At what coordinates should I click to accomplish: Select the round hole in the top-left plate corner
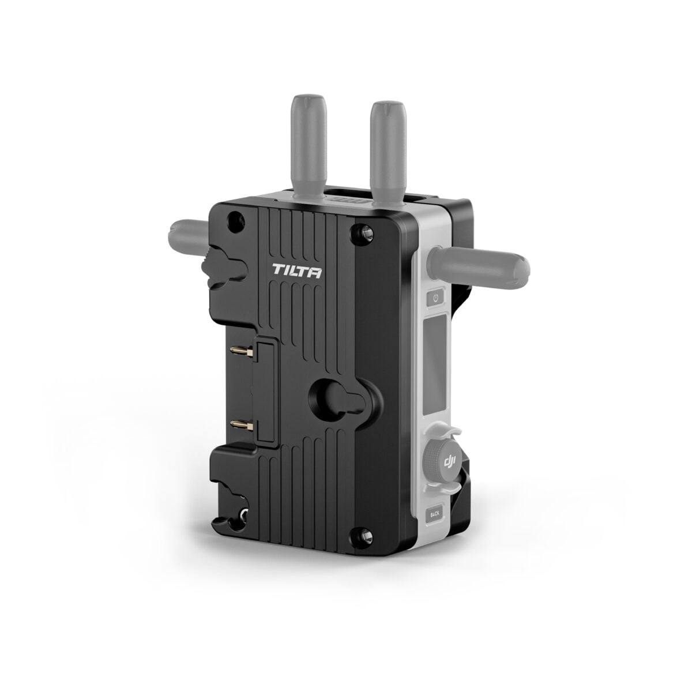[234, 219]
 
